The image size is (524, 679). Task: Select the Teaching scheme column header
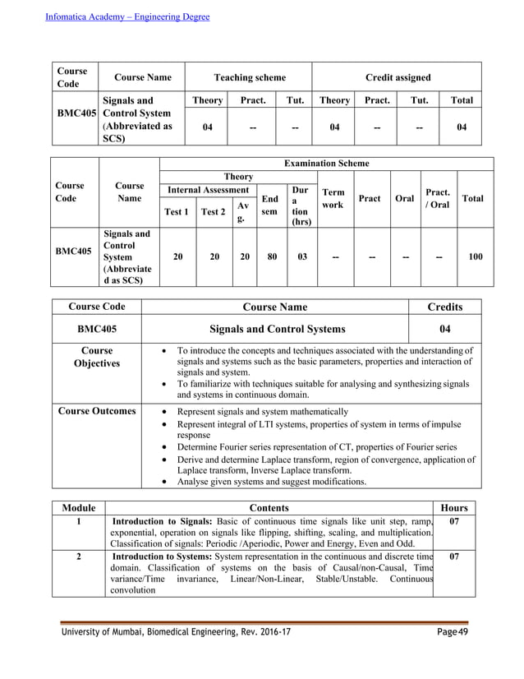coord(250,77)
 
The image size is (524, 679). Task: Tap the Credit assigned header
coord(398,77)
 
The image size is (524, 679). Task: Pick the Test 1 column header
coord(176,211)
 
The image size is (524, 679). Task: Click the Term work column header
coord(333,197)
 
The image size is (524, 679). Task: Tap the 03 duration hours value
coord(301,256)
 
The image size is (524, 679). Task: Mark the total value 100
coord(475,256)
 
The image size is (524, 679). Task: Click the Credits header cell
coord(444,307)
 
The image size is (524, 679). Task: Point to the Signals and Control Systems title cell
coord(278,329)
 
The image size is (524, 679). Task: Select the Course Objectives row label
coord(96,356)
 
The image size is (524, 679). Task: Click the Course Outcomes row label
coord(96,411)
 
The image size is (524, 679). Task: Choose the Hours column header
coord(454,508)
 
